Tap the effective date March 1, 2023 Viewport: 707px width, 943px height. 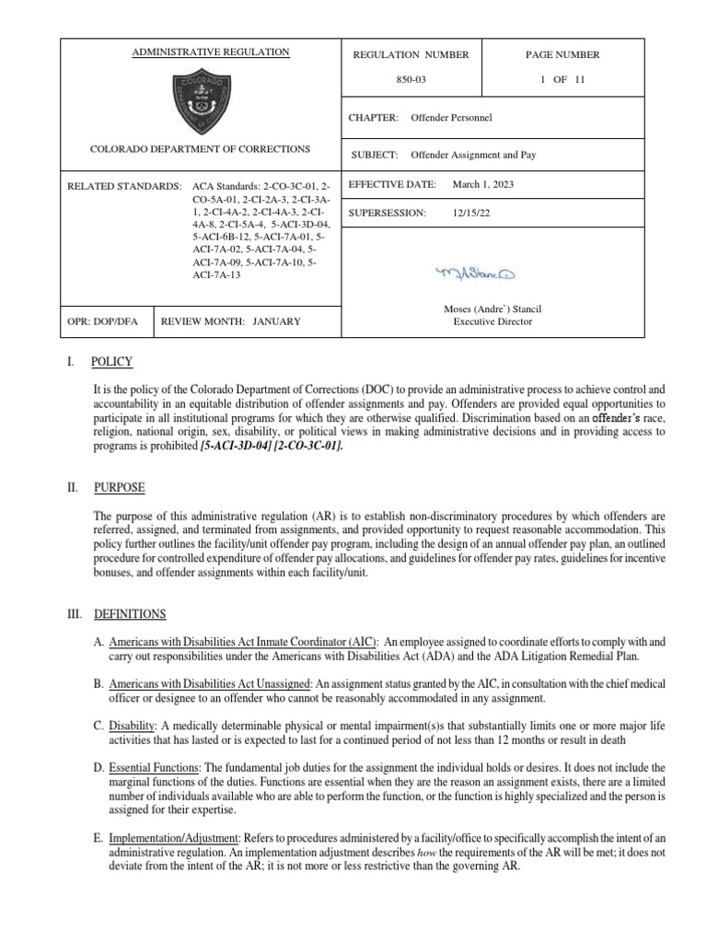pyautogui.click(x=483, y=184)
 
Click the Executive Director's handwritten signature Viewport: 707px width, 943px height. pyautogui.click(x=476, y=274)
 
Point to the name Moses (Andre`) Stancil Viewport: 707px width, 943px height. pyautogui.click(x=488, y=309)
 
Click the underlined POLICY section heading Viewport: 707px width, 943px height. pyautogui.click(x=111, y=361)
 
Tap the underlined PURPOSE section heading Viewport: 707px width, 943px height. pyautogui.click(x=118, y=487)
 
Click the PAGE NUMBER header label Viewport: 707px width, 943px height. pyautogui.click(x=563, y=54)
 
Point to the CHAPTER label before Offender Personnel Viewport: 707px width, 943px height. pyautogui.click(x=373, y=119)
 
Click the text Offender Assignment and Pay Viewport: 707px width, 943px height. pyautogui.click(x=473, y=155)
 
